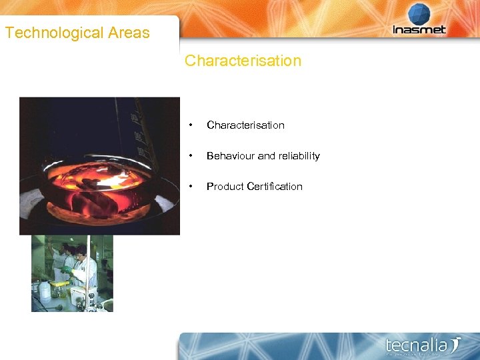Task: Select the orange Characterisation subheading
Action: tap(243, 61)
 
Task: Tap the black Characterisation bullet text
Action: tap(245, 125)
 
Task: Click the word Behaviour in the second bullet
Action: tap(231, 156)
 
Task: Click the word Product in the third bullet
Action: tap(225, 187)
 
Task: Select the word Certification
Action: tap(275, 187)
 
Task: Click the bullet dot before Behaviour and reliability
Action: tap(191, 156)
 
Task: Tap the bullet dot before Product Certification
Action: tap(191, 187)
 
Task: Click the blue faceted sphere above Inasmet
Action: tap(419, 14)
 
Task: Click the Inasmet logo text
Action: tap(419, 30)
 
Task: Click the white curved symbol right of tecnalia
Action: tap(455, 345)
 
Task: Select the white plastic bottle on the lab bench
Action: tap(45, 290)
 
